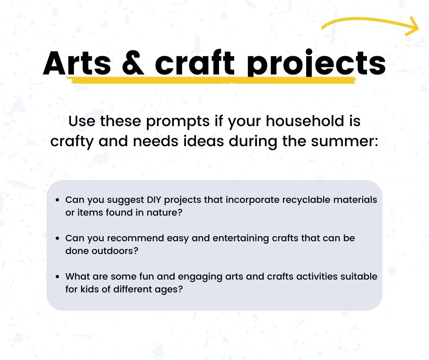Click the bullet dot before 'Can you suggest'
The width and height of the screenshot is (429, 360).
click(57, 200)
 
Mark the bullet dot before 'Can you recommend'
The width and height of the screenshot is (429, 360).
click(57, 238)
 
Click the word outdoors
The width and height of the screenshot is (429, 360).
click(116, 251)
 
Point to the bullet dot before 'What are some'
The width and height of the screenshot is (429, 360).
click(57, 277)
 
